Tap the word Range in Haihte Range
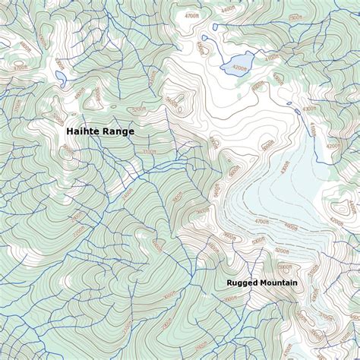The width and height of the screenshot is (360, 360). click(x=120, y=131)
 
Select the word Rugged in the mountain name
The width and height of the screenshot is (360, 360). click(x=242, y=283)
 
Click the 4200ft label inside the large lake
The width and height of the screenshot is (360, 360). click(x=241, y=66)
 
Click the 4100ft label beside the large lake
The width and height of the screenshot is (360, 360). click(x=271, y=56)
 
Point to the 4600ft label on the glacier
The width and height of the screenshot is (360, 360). click(x=289, y=226)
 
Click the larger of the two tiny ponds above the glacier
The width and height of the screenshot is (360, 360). click(x=297, y=112)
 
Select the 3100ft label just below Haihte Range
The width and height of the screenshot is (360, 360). click(x=149, y=150)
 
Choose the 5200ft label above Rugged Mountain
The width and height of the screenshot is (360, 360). click(x=281, y=250)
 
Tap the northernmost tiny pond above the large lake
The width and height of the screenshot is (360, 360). click(x=214, y=27)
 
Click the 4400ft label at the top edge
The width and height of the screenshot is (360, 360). click(x=227, y=9)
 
